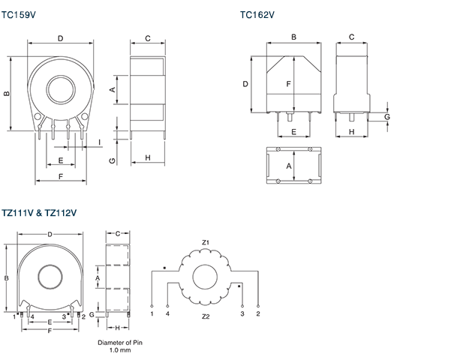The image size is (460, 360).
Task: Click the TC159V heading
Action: point(20,13)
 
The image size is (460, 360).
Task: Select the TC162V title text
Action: point(257,13)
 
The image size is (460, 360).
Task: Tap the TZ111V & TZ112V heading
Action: point(40,213)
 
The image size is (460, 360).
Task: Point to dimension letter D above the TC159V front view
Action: point(60,38)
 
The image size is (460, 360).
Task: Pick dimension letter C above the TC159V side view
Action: point(148,38)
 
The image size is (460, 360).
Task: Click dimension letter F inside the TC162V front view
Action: point(288,84)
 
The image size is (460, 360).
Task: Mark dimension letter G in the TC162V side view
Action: point(387,117)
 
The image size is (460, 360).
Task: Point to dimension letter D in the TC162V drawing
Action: point(245,84)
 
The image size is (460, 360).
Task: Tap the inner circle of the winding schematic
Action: point(206,278)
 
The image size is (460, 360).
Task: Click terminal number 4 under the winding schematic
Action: point(167,313)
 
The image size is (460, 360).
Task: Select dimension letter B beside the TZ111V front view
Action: point(7,278)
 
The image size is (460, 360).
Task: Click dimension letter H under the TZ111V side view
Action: point(118,328)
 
